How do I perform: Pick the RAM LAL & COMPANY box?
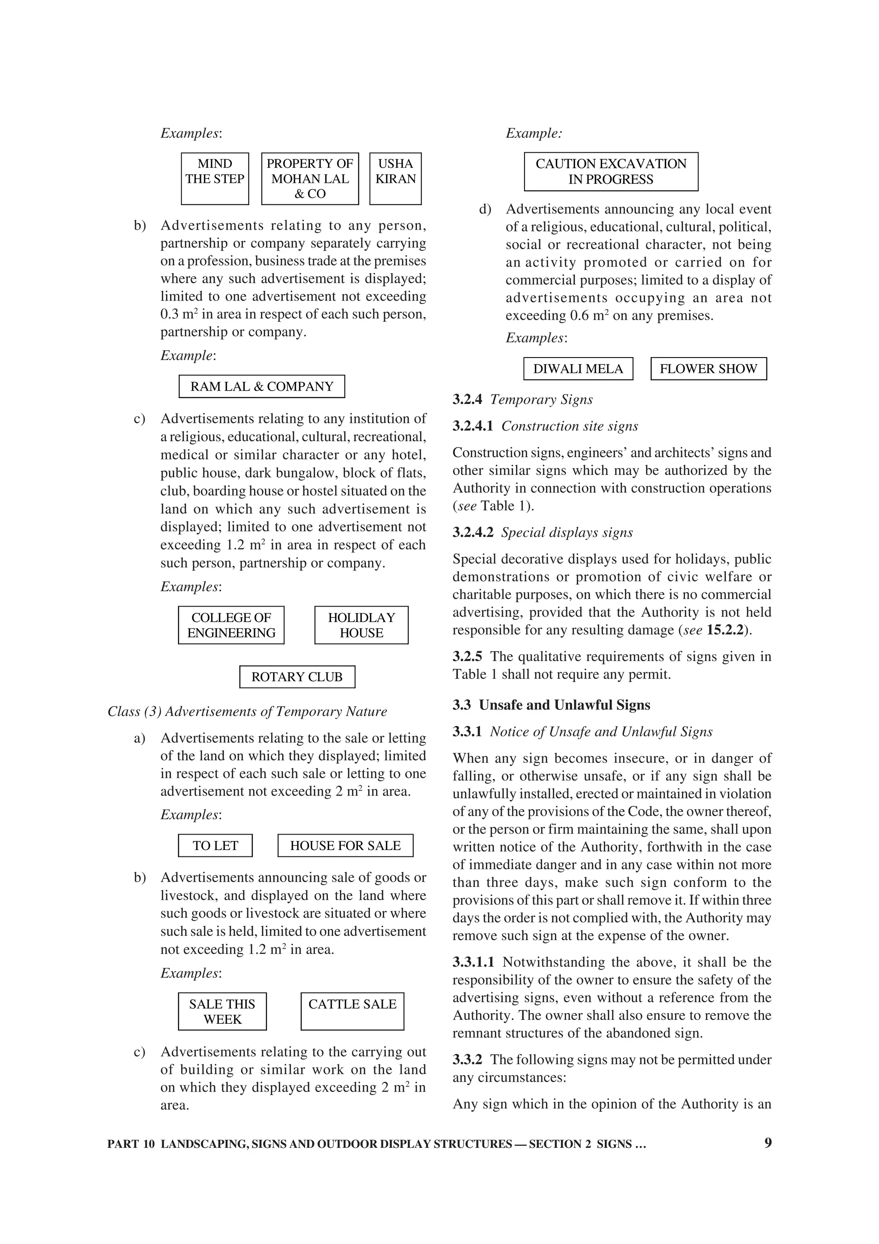pos(261,386)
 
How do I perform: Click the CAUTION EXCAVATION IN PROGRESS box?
pos(611,171)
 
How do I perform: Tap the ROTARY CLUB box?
pos(297,677)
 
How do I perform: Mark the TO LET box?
pos(215,845)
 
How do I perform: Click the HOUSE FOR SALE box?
pos(345,845)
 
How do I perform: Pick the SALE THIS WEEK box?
pos(222,1011)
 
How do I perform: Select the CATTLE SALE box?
pos(352,1011)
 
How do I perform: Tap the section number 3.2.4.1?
pos(473,426)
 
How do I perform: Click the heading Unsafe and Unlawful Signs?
pos(564,705)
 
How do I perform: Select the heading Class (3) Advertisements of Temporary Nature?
pos(247,711)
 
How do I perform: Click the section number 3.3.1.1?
pos(473,962)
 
